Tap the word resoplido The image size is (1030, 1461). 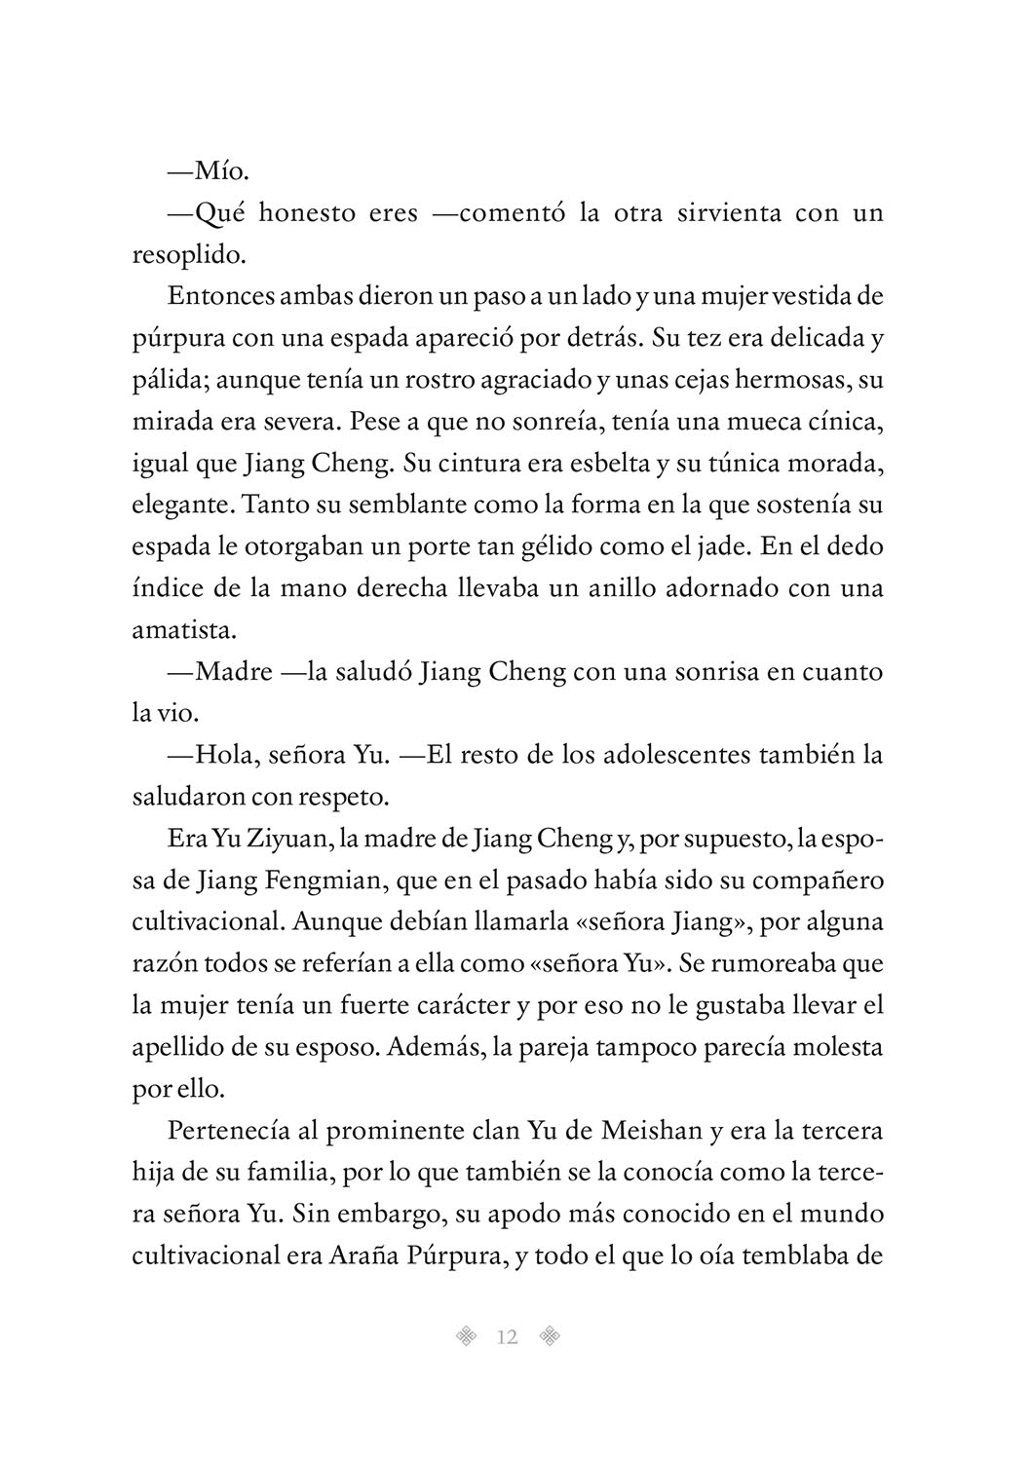185,255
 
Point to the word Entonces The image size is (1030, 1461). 215,297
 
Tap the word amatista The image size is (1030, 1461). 183,630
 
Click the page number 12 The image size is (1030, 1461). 507,1337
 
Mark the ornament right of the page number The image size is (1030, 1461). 551,1337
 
